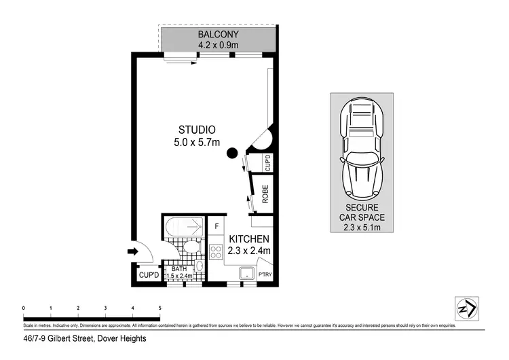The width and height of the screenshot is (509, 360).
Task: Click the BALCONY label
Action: (x=218, y=34)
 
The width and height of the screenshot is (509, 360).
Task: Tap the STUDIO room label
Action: (x=197, y=130)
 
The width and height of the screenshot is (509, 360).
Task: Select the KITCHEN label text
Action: (x=249, y=239)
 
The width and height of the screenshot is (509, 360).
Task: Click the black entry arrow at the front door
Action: (x=132, y=252)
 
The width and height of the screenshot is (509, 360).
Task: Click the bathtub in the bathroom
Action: (x=183, y=225)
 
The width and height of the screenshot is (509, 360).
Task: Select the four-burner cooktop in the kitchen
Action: (x=216, y=253)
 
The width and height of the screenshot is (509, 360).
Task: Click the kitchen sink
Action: (x=246, y=274)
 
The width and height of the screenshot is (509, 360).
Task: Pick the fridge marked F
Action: (x=216, y=226)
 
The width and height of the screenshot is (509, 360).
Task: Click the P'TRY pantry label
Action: (x=265, y=275)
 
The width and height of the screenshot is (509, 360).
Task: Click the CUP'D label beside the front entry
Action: (x=149, y=275)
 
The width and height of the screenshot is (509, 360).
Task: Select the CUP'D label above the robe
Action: (x=267, y=163)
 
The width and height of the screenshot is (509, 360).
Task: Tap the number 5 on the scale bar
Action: (x=159, y=308)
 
